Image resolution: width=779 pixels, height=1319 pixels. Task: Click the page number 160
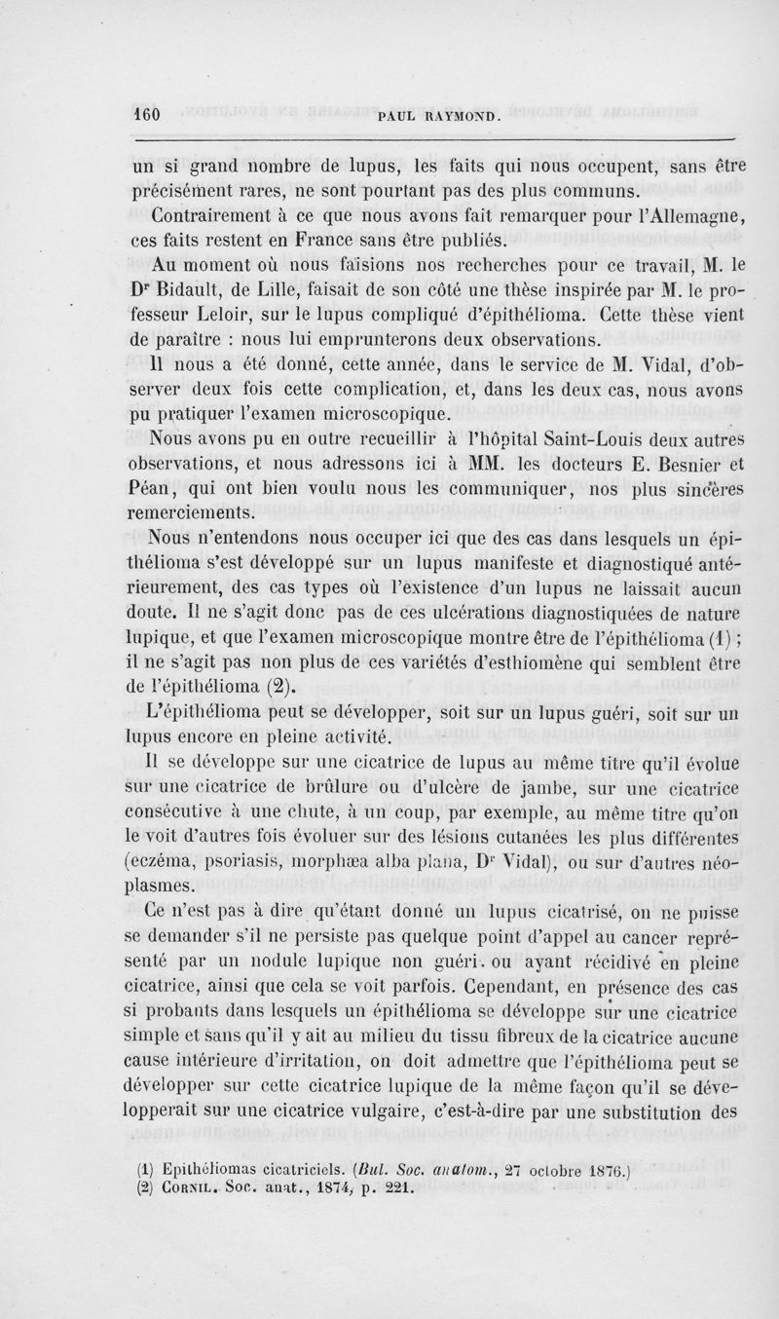(x=146, y=114)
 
